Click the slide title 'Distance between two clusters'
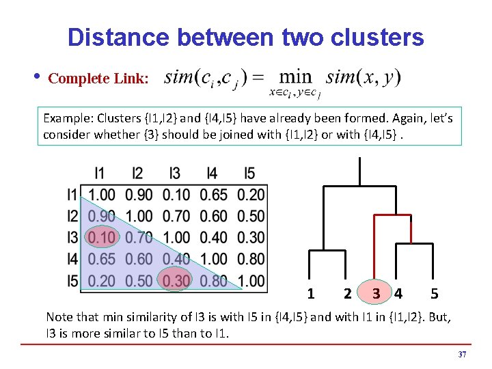(x=246, y=37)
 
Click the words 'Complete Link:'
(x=98, y=79)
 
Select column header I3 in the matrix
(x=176, y=174)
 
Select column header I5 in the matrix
(x=250, y=174)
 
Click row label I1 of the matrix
(x=72, y=195)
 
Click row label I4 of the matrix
(x=72, y=259)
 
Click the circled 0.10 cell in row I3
(x=102, y=238)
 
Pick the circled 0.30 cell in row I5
(x=176, y=280)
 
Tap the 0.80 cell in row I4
(x=251, y=259)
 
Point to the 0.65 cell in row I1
(x=213, y=195)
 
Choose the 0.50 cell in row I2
(x=251, y=217)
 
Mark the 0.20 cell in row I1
(x=251, y=195)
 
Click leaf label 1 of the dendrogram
(x=311, y=295)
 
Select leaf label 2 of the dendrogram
(x=348, y=295)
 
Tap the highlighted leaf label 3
(x=377, y=295)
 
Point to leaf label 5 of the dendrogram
(x=435, y=295)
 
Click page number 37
(x=462, y=355)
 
